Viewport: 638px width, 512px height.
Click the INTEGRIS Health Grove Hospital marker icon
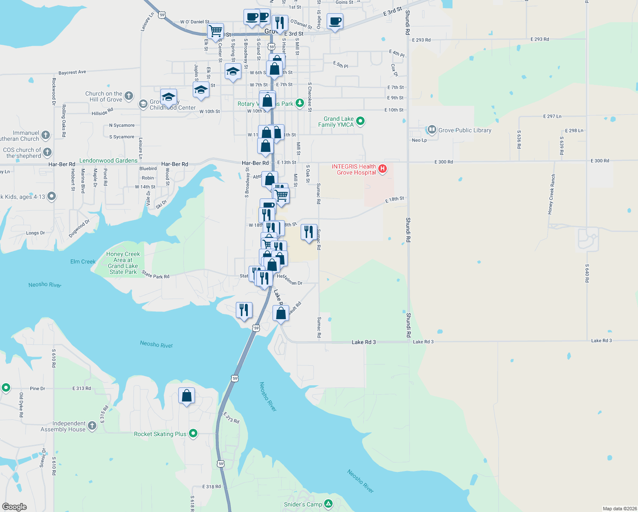pos(383,169)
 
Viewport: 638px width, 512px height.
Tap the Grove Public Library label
pos(465,130)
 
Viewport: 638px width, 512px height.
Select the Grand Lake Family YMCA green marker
pos(360,121)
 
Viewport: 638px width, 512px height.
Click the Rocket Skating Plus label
pos(160,434)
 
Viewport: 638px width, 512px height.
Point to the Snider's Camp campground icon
pos(328,504)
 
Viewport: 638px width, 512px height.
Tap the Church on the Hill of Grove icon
pos(129,96)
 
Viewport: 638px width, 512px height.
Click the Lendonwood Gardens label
pos(108,160)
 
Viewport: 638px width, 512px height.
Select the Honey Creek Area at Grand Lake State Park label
pos(123,263)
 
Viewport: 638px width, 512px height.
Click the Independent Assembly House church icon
pos(92,425)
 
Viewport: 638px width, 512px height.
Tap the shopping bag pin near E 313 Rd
pos(186,396)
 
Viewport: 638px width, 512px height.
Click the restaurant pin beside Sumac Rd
pos(309,232)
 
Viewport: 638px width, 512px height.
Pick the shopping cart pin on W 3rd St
pos(215,31)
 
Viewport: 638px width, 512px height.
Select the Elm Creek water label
pos(83,262)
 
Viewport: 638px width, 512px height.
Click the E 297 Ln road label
pos(552,116)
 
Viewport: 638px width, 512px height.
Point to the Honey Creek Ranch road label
pos(552,194)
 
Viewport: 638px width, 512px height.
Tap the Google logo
pos(14,507)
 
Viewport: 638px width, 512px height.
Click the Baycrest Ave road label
pos(72,73)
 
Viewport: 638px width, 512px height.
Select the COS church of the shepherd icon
pos(47,152)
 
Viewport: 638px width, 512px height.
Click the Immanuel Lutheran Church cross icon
pos(46,135)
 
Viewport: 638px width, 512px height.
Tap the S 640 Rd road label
pos(587,273)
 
